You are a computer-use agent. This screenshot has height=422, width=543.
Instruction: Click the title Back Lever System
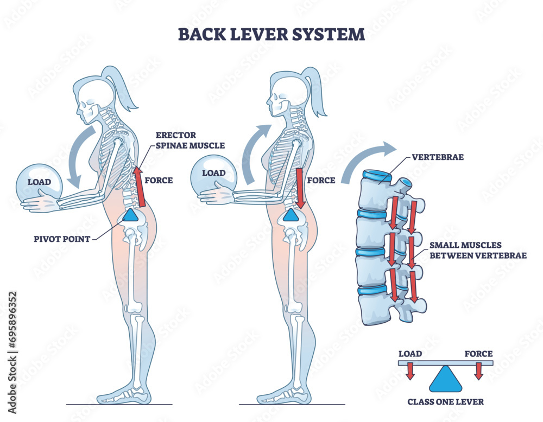pyautogui.click(x=271, y=34)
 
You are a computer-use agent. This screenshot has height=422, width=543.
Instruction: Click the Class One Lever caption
pyautogui.click(x=445, y=402)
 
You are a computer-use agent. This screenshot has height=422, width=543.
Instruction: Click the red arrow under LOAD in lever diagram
pyautogui.click(x=411, y=372)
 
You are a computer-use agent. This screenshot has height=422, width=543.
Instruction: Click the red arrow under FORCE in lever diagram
pyautogui.click(x=478, y=372)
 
